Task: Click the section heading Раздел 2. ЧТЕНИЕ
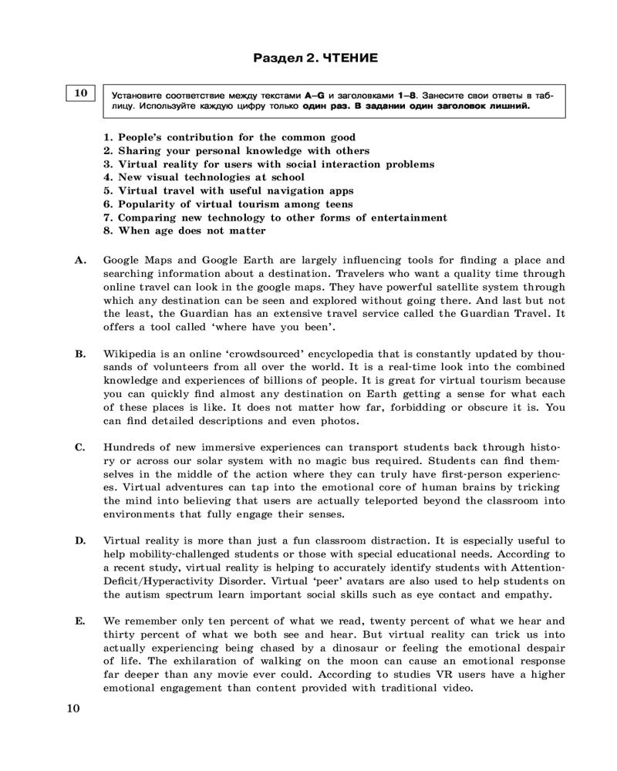[316, 58]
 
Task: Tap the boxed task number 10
[80, 93]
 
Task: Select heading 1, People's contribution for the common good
[229, 137]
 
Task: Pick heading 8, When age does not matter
[184, 231]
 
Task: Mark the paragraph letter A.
[80, 261]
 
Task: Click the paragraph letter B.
[80, 355]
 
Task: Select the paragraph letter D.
[80, 541]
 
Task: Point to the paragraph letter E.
[80, 621]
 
